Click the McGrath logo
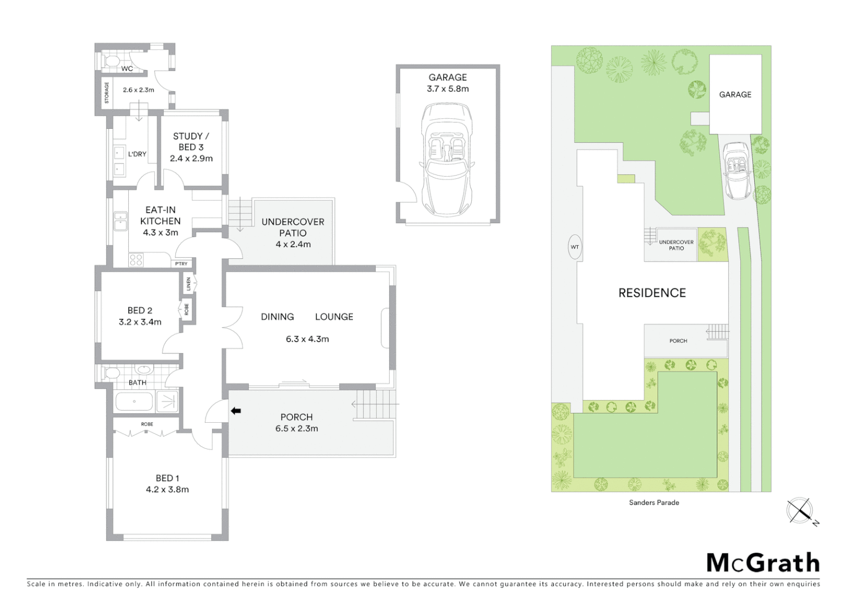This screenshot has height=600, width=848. click(763, 563)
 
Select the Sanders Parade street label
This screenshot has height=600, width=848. click(654, 502)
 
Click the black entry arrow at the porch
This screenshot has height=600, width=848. click(236, 411)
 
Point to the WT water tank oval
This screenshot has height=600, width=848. click(575, 247)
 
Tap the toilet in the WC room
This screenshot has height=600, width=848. click(109, 60)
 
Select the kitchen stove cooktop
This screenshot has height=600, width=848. click(136, 259)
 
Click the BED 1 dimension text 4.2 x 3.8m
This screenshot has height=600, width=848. click(167, 489)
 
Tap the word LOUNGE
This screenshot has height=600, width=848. click(334, 317)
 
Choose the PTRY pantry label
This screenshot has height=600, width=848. click(181, 264)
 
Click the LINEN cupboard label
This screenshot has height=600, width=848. click(189, 284)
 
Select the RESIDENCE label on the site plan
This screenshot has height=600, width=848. click(652, 293)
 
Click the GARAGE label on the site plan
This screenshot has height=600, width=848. click(735, 94)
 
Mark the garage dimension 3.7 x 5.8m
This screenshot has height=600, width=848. click(447, 89)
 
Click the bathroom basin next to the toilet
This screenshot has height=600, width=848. click(144, 371)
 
